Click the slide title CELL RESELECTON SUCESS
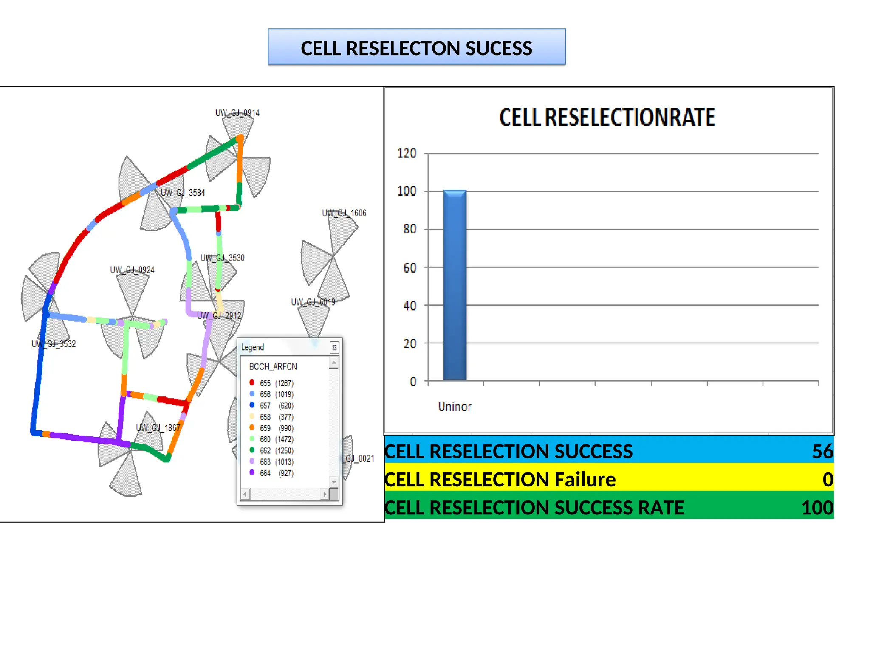pos(416,48)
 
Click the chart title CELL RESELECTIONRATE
pos(607,117)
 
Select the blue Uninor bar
pos(455,285)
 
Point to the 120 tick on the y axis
pos(407,153)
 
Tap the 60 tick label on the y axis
pos(410,268)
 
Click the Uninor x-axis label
pos(455,407)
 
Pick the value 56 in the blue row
pos(822,451)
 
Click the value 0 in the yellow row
pos(828,480)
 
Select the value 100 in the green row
pos(817,508)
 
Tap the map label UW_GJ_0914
pos(237,113)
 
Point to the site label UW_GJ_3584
pos(183,193)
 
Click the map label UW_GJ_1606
pos(344,213)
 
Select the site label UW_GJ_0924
pos(132,270)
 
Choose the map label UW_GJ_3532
pos(54,344)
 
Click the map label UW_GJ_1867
pos(158,428)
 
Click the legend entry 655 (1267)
pos(277,383)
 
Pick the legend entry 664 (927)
pos(277,473)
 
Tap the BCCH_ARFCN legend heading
pos(273,366)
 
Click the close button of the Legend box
pos(334,348)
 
